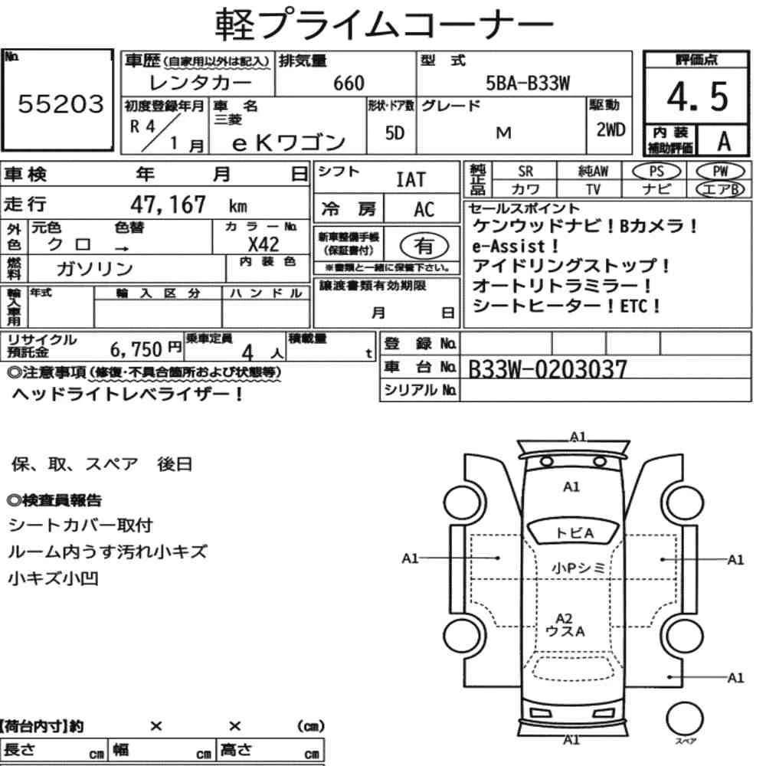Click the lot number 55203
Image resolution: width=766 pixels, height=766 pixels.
(x=60, y=105)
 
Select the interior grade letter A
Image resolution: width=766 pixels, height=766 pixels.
(x=723, y=141)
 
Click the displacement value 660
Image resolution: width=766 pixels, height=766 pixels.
(x=349, y=83)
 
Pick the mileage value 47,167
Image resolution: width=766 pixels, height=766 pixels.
(x=169, y=205)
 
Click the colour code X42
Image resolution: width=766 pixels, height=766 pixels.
(x=264, y=244)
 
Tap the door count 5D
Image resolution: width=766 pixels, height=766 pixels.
(x=394, y=133)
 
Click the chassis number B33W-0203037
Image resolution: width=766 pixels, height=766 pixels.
(x=547, y=370)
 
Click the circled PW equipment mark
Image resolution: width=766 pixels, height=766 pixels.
(x=720, y=171)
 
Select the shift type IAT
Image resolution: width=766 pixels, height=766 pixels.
(x=410, y=180)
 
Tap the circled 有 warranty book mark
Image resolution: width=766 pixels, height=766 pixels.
(x=423, y=245)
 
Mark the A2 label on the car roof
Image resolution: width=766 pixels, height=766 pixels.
(x=564, y=617)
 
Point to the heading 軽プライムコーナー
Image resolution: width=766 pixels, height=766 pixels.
(x=382, y=25)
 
